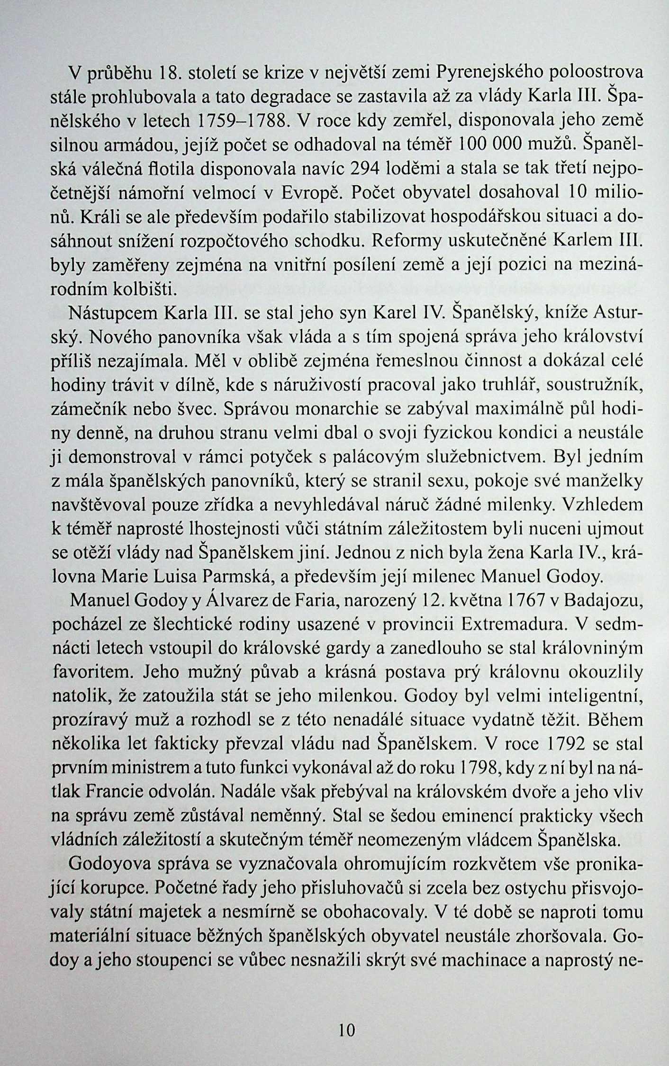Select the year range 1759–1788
pyautogui.click(x=242, y=121)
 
